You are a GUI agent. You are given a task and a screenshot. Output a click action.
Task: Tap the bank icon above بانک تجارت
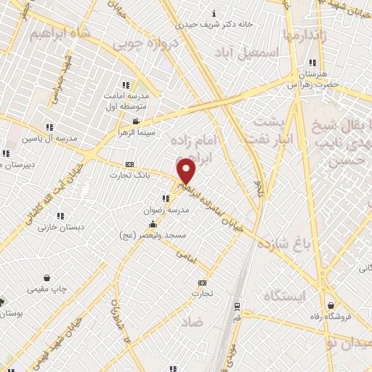pos(129,164)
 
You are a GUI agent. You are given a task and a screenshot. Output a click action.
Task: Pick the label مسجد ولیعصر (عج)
pos(153,235)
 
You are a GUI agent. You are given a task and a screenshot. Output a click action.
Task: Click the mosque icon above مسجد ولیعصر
pos(153,225)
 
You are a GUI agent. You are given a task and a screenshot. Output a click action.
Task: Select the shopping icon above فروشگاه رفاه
pos(331,305)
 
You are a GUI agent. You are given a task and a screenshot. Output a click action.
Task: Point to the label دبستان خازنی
pos(62,227)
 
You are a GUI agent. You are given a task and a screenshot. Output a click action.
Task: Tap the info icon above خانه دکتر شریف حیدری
pos(213,12)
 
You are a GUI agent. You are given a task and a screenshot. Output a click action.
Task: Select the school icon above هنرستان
pos(312,62)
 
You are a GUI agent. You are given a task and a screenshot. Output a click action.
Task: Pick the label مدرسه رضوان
pos(169,209)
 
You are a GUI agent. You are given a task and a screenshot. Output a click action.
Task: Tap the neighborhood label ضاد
pos(192,320)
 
